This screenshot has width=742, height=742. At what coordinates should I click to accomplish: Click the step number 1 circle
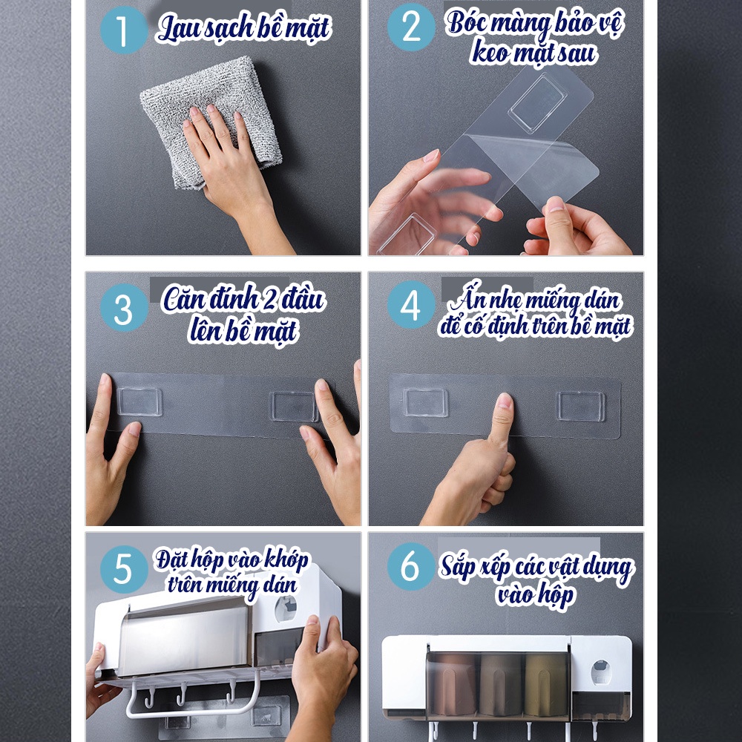point(124,30)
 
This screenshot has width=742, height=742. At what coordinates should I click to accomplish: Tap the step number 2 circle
point(411,27)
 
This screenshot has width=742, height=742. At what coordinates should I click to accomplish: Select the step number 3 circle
point(124,308)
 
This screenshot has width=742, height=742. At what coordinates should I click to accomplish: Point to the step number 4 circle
point(411,305)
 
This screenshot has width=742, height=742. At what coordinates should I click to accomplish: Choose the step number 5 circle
point(124,569)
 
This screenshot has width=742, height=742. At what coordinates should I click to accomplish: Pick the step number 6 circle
point(411,566)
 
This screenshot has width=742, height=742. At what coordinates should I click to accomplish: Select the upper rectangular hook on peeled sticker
point(537,103)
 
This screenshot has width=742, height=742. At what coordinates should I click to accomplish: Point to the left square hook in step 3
point(139,401)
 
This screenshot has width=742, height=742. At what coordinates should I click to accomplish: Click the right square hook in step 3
point(294,406)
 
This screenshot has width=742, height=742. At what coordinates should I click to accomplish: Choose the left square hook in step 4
point(425,403)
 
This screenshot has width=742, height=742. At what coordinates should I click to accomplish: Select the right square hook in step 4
point(581,406)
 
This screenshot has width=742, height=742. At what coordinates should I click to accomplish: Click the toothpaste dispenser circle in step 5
point(286,608)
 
